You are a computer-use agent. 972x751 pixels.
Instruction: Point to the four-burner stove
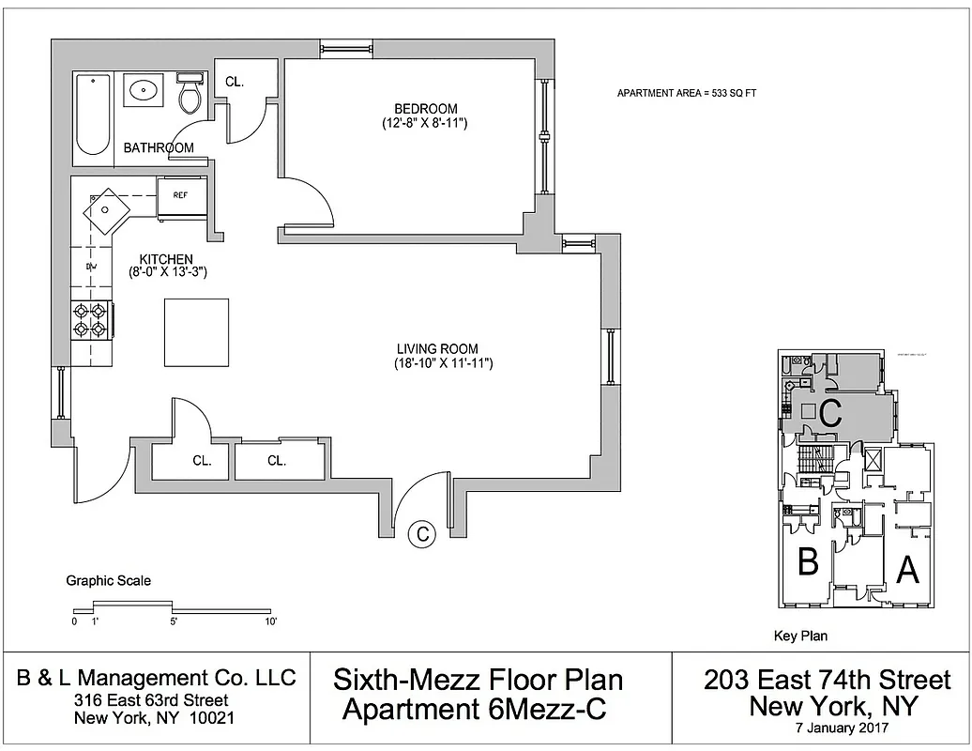90,319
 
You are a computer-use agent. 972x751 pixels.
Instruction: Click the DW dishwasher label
91,268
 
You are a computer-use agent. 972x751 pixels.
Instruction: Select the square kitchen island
196,331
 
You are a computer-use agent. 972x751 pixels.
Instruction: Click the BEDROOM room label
425,108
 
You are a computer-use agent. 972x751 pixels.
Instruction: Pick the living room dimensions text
444,363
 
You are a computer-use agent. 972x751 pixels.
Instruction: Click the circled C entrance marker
423,534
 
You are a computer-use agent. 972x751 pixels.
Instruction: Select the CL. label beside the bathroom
235,82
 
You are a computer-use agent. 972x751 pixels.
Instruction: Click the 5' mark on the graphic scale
175,621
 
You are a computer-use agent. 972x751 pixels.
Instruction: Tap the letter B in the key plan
809,562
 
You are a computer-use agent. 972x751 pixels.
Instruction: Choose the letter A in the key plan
906,569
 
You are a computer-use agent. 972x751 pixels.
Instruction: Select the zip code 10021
212,718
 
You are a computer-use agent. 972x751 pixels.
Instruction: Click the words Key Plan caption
800,636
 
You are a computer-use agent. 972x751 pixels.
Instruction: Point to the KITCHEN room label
166,259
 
